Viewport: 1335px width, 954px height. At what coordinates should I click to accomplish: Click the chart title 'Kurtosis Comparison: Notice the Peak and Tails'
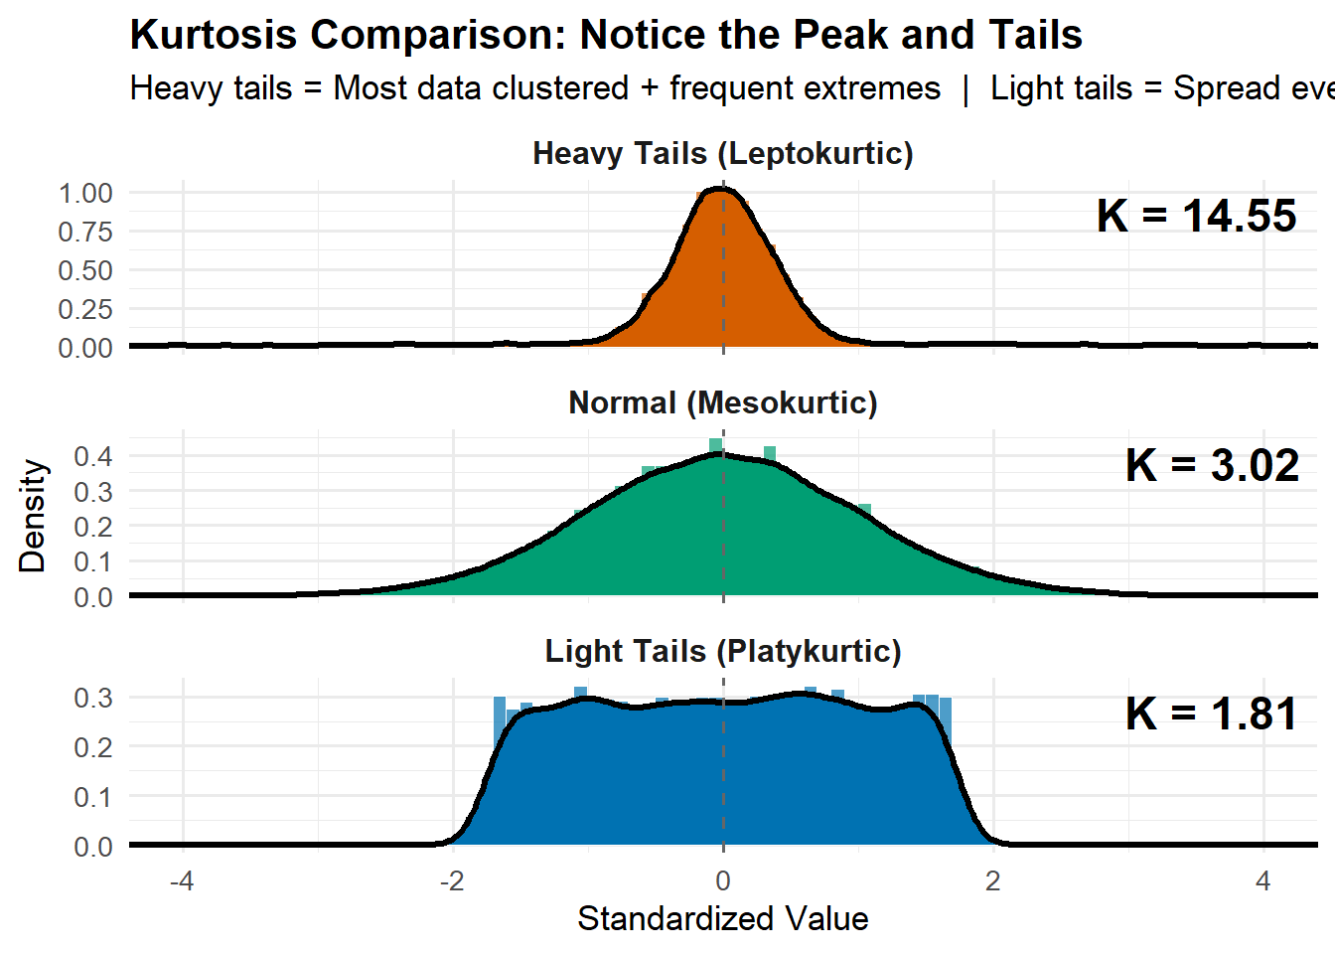pyautogui.click(x=606, y=36)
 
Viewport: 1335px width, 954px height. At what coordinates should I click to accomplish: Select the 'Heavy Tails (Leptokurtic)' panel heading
pyautogui.click(x=722, y=154)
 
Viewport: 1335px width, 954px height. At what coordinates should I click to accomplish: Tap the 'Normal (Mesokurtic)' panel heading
pyautogui.click(x=722, y=402)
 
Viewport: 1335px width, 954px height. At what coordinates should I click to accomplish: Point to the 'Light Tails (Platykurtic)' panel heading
pyautogui.click(x=722, y=651)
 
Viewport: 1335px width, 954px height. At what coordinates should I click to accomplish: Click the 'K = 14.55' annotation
pyautogui.click(x=1196, y=217)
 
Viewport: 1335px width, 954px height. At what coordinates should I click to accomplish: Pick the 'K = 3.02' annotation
pyautogui.click(x=1212, y=465)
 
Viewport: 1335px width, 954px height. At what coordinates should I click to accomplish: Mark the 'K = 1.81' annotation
pyautogui.click(x=1211, y=714)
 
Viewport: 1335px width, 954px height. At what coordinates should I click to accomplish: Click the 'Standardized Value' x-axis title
pyautogui.click(x=722, y=918)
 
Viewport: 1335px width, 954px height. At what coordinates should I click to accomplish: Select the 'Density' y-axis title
pyautogui.click(x=33, y=515)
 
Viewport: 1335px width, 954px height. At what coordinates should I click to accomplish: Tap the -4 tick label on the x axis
pyautogui.click(x=182, y=881)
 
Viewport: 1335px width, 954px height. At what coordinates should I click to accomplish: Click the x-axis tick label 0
pyautogui.click(x=722, y=881)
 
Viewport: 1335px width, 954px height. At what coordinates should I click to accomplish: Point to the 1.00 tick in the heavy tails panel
pyautogui.click(x=85, y=193)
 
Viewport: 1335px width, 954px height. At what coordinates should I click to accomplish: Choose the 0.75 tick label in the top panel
pyautogui.click(x=85, y=232)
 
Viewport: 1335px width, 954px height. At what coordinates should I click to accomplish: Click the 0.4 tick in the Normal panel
pyautogui.click(x=93, y=456)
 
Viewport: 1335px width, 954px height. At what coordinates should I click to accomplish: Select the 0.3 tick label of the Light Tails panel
pyautogui.click(x=93, y=698)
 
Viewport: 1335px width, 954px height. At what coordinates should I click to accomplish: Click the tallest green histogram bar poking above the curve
pyautogui.click(x=715, y=444)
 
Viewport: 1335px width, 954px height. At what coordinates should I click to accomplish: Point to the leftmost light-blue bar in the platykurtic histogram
pyautogui.click(x=500, y=708)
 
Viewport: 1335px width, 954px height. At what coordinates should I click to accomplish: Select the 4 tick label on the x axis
pyautogui.click(x=1262, y=881)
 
